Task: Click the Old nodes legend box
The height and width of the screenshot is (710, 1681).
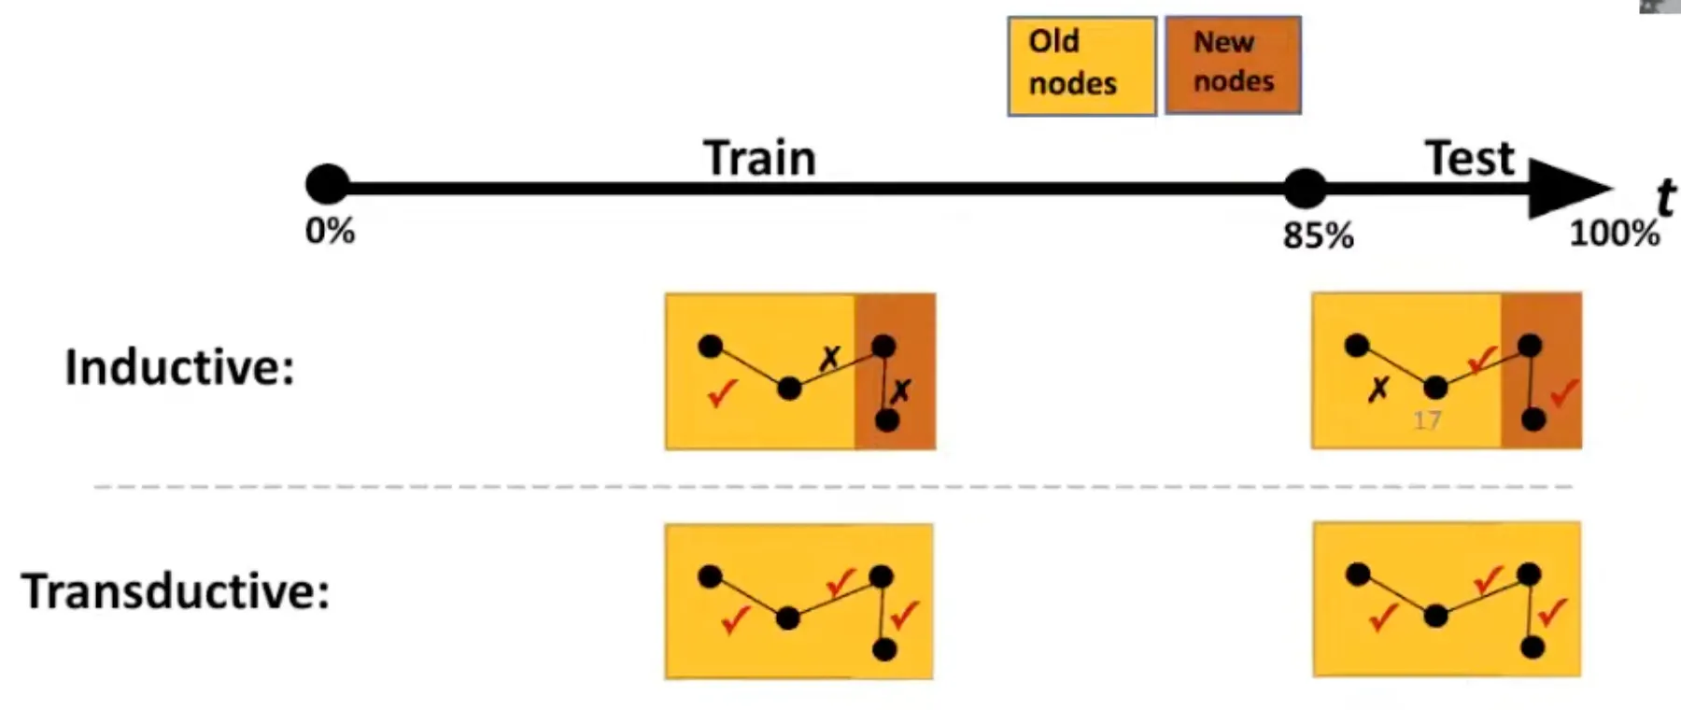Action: pos(1081,65)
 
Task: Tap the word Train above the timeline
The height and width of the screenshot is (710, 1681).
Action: pos(759,157)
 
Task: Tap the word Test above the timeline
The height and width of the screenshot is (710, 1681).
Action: pos(1469,158)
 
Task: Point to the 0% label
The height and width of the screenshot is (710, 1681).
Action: pos(330,231)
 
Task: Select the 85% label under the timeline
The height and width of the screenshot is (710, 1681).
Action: pos(1318,235)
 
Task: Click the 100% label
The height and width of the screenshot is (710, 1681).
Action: pos(1614,233)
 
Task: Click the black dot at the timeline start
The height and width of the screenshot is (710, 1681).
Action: pos(327,185)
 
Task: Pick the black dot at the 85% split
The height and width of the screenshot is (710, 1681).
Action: pos(1305,188)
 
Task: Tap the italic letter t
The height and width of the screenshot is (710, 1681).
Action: pos(1664,197)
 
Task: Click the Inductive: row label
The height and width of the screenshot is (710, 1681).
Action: pos(179,366)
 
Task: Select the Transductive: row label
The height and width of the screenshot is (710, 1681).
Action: pos(176,591)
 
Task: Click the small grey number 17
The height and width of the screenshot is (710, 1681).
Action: pos(1426,420)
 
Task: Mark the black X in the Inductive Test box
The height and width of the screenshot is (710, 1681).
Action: pos(1377,389)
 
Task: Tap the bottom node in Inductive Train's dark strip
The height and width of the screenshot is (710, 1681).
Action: pos(887,420)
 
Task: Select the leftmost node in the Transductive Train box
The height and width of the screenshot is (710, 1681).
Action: pos(710,576)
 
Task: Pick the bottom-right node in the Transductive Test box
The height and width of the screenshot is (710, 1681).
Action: pos(1532,646)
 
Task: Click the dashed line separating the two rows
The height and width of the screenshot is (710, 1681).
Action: pos(831,487)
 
